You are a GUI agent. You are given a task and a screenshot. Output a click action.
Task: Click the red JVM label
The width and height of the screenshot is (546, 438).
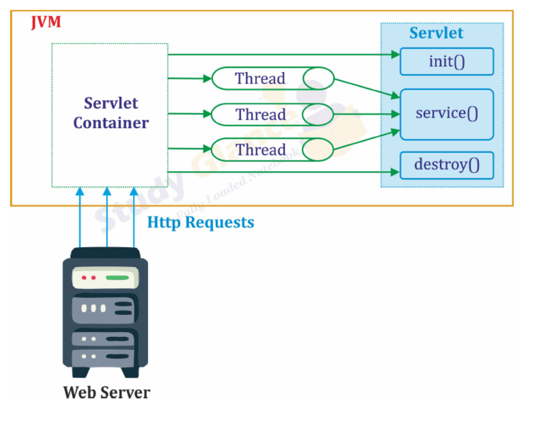[44, 22]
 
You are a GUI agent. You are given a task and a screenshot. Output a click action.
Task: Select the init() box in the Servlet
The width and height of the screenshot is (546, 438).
[447, 61]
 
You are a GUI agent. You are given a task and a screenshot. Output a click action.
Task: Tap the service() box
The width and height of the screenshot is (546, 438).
[447, 114]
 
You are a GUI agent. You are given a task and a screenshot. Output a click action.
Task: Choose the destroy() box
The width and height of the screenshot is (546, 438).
[447, 165]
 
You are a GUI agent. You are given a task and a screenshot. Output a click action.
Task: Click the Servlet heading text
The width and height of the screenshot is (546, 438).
[436, 33]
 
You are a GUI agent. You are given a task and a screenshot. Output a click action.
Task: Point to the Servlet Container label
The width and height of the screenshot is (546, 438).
[110, 113]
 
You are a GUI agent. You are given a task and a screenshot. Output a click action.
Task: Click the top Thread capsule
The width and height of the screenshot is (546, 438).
[272, 78]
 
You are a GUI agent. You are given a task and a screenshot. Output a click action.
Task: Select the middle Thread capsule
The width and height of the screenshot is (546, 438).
[272, 114]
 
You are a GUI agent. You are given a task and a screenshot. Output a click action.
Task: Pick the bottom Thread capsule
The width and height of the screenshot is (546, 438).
[272, 150]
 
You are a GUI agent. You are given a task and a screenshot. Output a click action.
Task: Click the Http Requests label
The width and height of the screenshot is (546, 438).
[201, 223]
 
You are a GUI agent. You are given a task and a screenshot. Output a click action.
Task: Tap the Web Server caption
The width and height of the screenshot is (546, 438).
[106, 392]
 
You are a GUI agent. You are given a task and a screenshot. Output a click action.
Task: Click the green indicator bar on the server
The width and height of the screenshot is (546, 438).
[117, 278]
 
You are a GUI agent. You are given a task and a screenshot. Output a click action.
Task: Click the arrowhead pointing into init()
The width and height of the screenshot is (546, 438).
[396, 55]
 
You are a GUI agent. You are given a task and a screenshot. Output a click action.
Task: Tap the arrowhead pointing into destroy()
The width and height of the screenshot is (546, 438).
[396, 172]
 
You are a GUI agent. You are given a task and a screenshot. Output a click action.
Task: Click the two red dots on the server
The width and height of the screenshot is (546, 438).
[89, 278]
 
